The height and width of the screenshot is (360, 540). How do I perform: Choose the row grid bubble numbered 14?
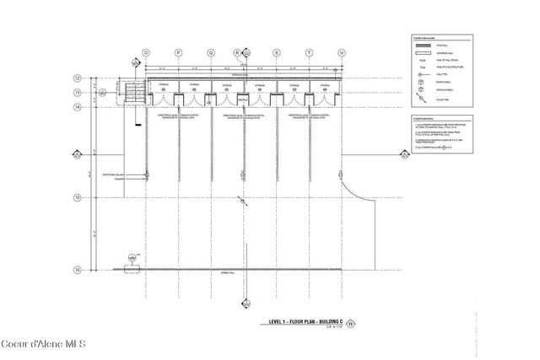(x=77, y=108)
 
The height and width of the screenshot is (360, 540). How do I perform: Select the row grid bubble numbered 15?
(x=77, y=197)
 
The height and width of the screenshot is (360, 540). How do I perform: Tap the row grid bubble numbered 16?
(x=77, y=270)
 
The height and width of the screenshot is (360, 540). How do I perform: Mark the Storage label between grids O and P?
(x=162, y=86)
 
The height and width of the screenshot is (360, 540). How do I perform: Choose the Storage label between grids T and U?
(x=325, y=86)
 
